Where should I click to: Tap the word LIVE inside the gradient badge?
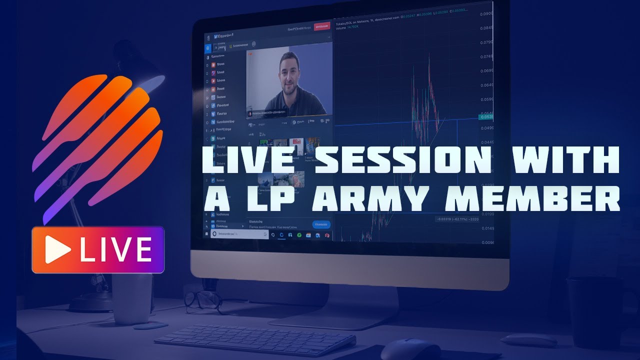pyautogui.click(x=115, y=249)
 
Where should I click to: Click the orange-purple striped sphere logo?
pyautogui.click(x=97, y=145)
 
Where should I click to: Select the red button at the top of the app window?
pyautogui.click(x=322, y=26)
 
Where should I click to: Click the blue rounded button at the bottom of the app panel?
pyautogui.click(x=321, y=225)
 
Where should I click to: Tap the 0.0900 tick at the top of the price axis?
pyautogui.click(x=486, y=14)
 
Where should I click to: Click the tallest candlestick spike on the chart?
pyautogui.click(x=429, y=75)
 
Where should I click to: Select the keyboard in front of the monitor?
pyautogui.click(x=255, y=340)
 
